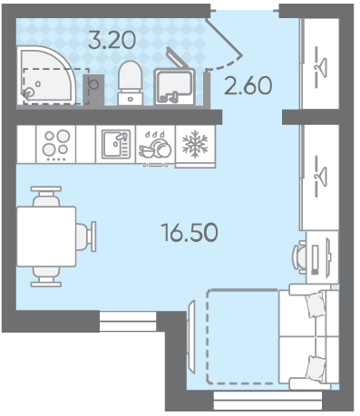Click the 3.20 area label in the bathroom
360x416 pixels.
pyautogui.click(x=112, y=40)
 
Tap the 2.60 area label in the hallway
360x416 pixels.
pyautogui.click(x=248, y=85)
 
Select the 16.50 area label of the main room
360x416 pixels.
pyautogui.click(x=190, y=232)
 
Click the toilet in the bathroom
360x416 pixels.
pyautogui.click(x=131, y=82)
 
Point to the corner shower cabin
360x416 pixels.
pyautogui.click(x=47, y=74)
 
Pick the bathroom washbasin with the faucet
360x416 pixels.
pyautogui.click(x=174, y=86)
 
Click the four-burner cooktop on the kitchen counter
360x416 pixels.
pyautogui.click(x=56, y=144)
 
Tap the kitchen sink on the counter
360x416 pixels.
pyautogui.click(x=116, y=144)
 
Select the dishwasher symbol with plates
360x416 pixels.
pyautogui.click(x=155, y=145)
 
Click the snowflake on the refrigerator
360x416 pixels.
pyautogui.click(x=195, y=144)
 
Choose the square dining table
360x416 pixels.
pyautogui.click(x=46, y=237)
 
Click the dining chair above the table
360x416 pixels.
pyautogui.click(x=46, y=197)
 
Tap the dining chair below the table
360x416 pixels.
pyautogui.click(x=46, y=276)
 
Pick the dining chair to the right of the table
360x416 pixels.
pyautogui.click(x=86, y=237)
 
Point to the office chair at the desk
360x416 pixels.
pyautogui.click(x=299, y=256)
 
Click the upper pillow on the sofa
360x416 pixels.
pyautogui.click(x=316, y=305)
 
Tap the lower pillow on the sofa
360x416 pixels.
pyautogui.click(x=316, y=369)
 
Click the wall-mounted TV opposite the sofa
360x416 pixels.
pyautogui.click(x=191, y=336)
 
